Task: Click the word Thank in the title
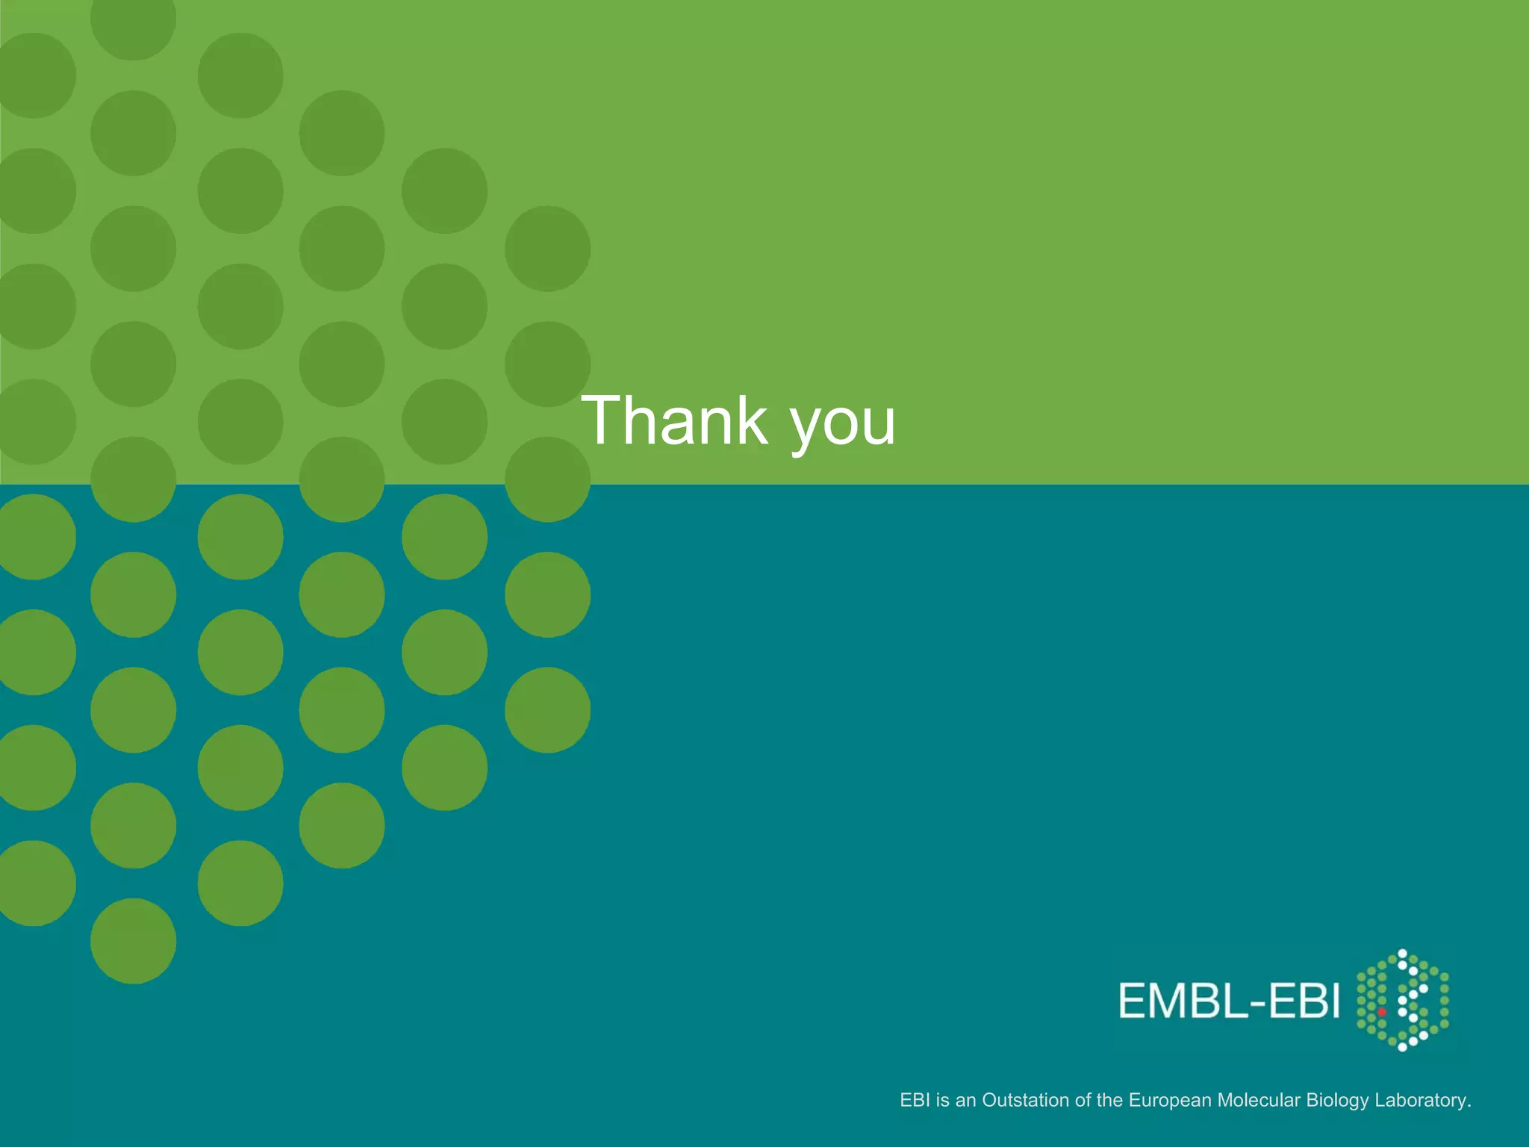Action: (x=675, y=420)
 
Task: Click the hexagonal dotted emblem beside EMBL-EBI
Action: (x=1402, y=1001)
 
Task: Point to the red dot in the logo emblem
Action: (x=1382, y=1013)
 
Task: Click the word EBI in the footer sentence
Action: (x=915, y=1100)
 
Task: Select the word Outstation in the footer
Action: (x=1025, y=1100)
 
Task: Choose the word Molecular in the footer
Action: (x=1259, y=1100)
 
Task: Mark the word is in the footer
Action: (x=942, y=1100)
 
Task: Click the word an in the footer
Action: (x=966, y=1100)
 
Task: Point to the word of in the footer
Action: (x=1083, y=1100)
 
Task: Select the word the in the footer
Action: (x=1109, y=1100)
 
